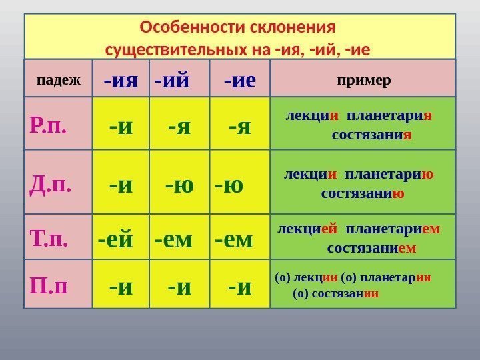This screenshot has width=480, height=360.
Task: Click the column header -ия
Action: coord(121,81)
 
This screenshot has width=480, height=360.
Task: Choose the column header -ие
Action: coord(240,81)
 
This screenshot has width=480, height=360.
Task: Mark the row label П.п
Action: coord(49,286)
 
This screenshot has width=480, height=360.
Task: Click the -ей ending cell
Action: coord(115,238)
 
